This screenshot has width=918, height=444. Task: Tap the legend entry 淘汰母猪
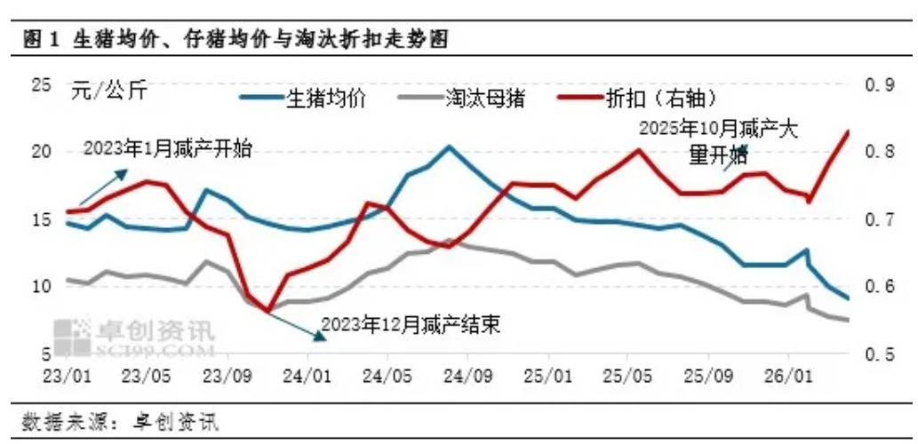pos(484,97)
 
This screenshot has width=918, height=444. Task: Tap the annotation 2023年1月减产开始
pos(167,148)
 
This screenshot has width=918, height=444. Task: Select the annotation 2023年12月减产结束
pos(411,324)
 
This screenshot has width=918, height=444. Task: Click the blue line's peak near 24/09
pos(449,147)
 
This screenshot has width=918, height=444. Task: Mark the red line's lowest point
pos(267,312)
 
